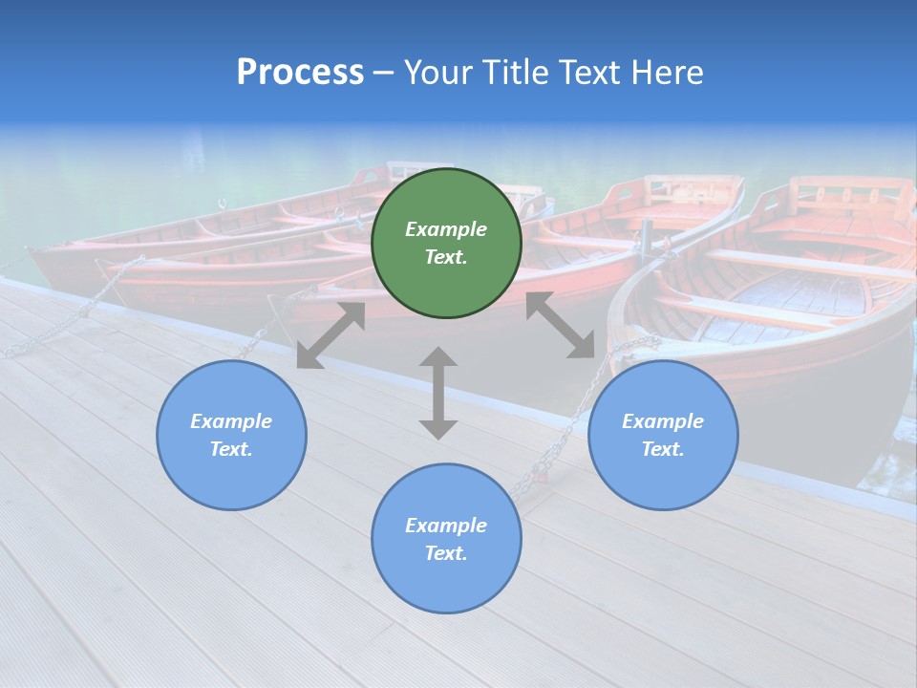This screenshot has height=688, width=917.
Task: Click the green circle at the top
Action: tap(446, 244)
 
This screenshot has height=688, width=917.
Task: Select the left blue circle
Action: tap(231, 435)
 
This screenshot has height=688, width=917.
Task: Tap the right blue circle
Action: tap(663, 435)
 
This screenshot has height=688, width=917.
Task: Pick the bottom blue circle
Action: tap(446, 538)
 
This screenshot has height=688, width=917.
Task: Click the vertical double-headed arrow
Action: tap(438, 393)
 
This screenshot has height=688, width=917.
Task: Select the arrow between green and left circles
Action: tap(331, 335)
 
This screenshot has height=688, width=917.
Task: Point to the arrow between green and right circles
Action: tap(560, 326)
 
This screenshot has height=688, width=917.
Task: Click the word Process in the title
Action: tap(300, 72)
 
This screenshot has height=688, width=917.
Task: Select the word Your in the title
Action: tap(438, 72)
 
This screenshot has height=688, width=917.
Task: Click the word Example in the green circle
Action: tap(446, 229)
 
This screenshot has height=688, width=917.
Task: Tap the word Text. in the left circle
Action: tap(231, 449)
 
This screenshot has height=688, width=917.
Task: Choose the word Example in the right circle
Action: tap(663, 421)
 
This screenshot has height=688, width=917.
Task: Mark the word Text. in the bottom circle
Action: tap(446, 553)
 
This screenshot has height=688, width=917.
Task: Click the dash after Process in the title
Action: tap(383, 73)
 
